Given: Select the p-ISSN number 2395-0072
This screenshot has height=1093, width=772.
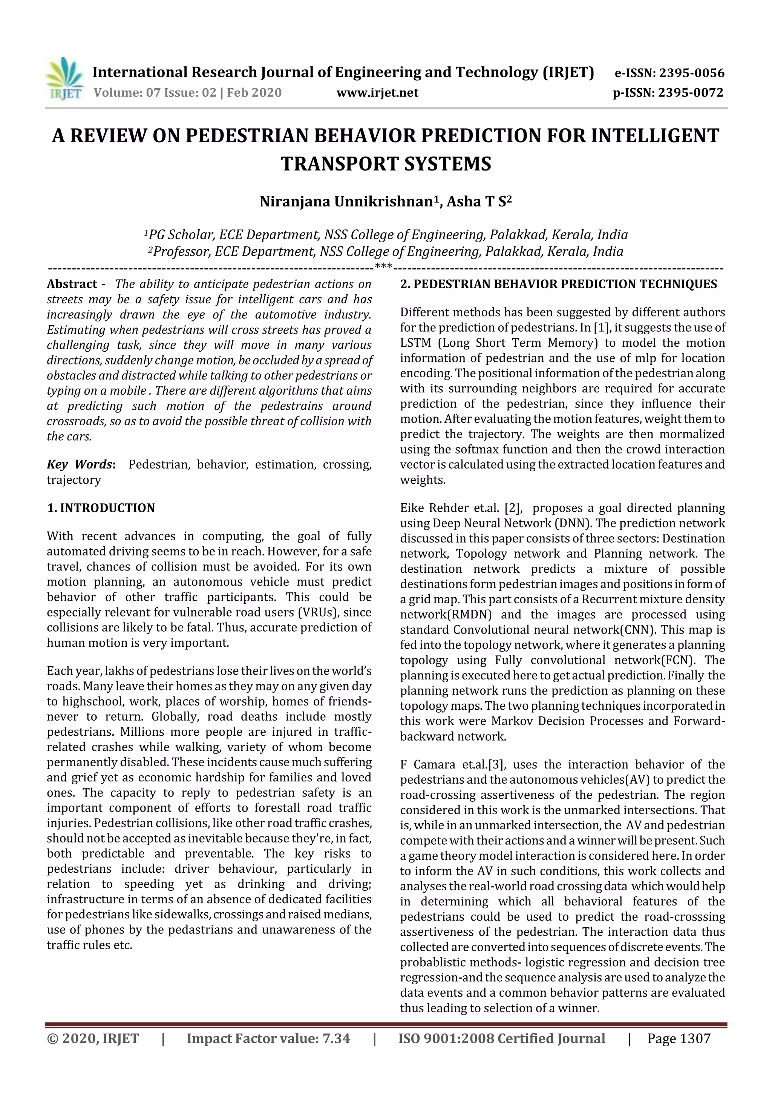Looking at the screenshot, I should coord(690,93).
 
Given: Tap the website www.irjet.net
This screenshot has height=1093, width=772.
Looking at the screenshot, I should coord(377,93).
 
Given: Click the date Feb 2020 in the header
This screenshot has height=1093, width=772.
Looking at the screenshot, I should coord(254,93).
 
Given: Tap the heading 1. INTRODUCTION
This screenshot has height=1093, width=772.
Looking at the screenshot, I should coord(101,508).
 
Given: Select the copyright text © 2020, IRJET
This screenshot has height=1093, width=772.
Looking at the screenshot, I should coord(93,1038).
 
